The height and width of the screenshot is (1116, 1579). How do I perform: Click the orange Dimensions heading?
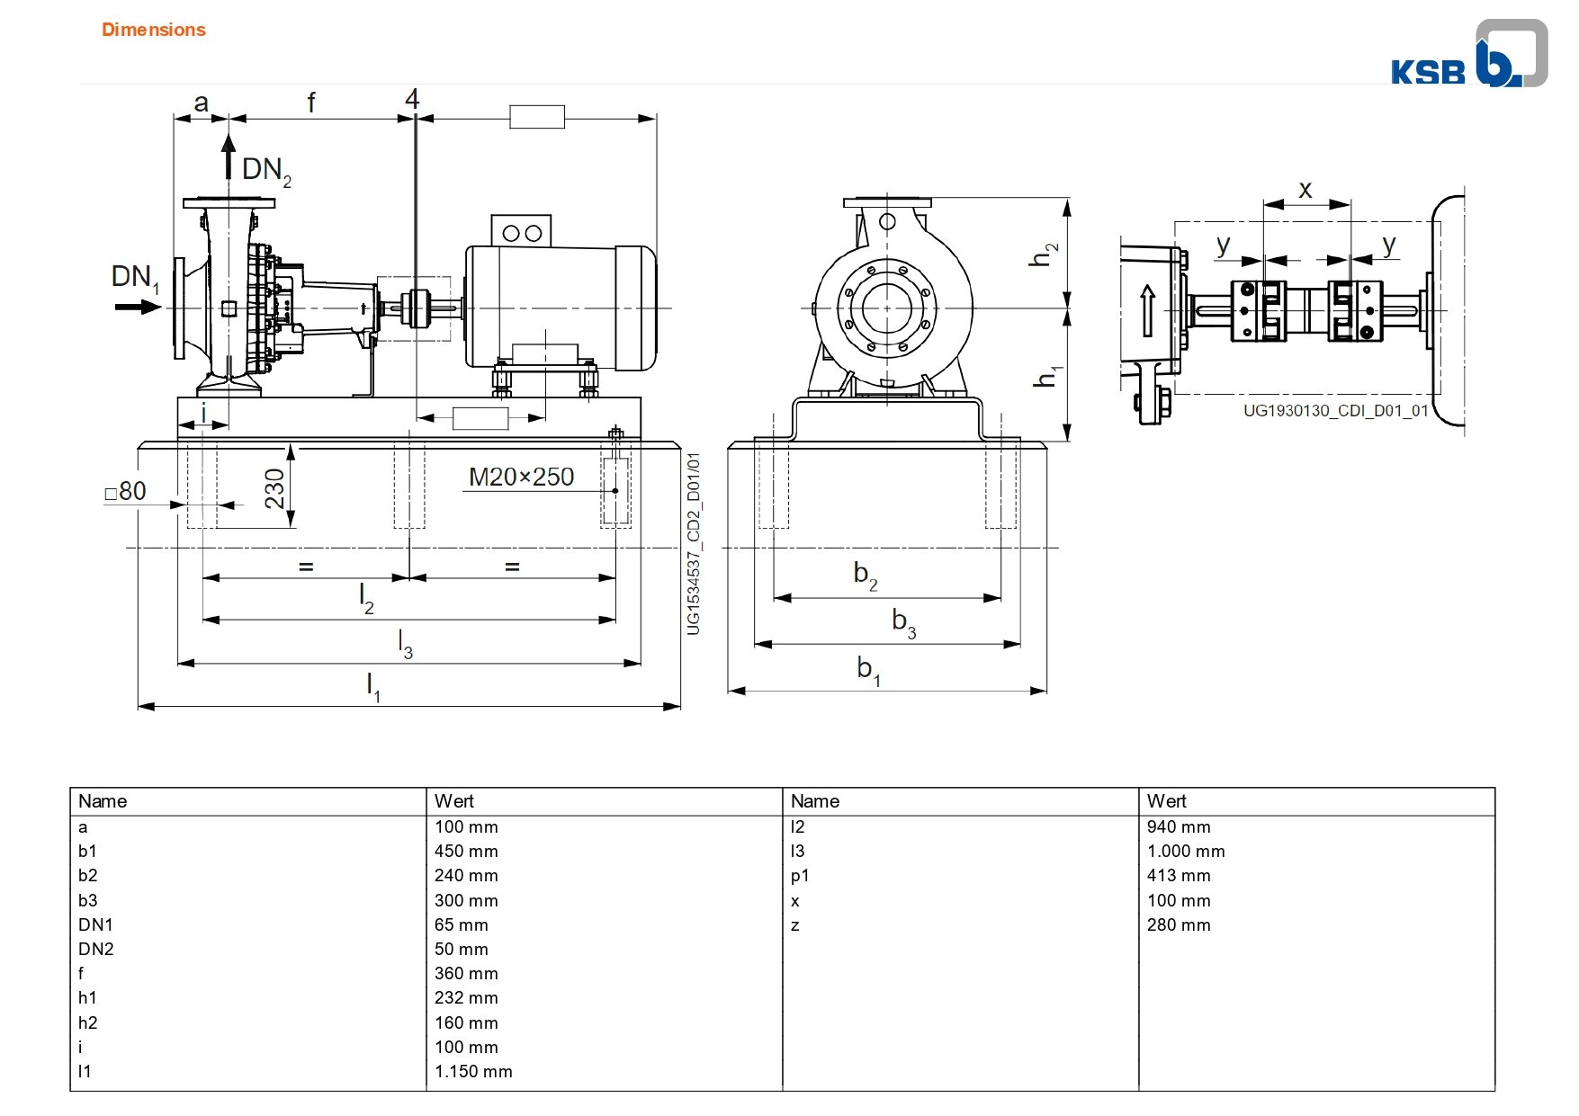click(x=154, y=30)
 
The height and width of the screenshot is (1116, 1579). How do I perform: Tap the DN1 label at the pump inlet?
click(x=135, y=278)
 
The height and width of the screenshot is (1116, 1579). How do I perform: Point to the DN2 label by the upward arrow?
click(x=266, y=170)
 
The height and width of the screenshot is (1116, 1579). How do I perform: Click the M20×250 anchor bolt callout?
click(x=521, y=477)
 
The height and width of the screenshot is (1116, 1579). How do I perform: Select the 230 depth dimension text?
click(x=274, y=488)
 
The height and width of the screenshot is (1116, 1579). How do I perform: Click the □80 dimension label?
click(x=125, y=491)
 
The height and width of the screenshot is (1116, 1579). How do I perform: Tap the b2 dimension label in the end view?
click(x=865, y=574)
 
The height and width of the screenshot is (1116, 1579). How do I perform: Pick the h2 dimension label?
click(x=1043, y=254)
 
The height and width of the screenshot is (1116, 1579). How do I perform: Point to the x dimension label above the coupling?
click(x=1305, y=190)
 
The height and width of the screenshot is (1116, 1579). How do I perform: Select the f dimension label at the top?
click(x=311, y=103)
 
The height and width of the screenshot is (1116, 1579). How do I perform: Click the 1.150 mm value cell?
click(x=473, y=1071)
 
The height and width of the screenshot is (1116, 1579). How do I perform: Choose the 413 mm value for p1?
click(x=1179, y=875)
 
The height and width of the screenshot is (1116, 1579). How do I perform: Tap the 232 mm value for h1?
click(x=466, y=997)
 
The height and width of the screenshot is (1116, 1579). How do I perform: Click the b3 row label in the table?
click(x=87, y=900)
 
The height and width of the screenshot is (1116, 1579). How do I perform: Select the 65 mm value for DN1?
click(x=461, y=924)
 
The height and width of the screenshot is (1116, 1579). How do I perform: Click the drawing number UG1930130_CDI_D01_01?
click(x=1335, y=411)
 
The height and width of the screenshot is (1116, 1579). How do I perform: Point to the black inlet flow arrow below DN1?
click(x=138, y=308)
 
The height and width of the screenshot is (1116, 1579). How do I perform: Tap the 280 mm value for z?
click(x=1179, y=924)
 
